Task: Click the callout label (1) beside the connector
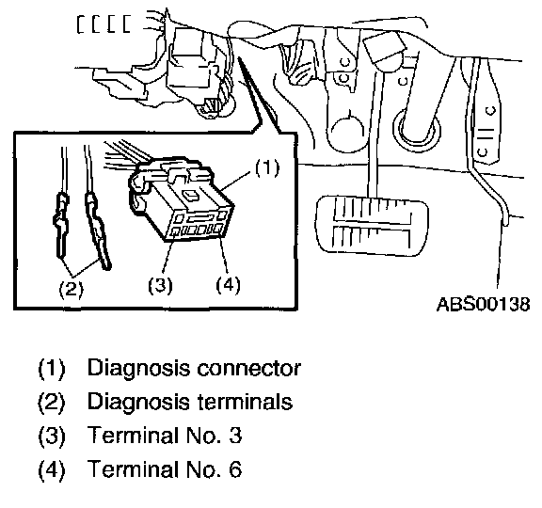click(267, 168)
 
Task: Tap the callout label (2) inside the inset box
click(71, 289)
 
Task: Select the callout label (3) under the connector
click(160, 285)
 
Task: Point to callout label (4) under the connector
click(228, 285)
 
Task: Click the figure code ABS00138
click(484, 305)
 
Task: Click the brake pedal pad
click(372, 226)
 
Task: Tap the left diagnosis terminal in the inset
click(61, 226)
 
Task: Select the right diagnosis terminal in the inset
click(98, 230)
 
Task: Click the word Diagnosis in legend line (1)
click(138, 369)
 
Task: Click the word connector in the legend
click(248, 369)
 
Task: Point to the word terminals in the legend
click(245, 402)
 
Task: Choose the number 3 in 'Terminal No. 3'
click(235, 435)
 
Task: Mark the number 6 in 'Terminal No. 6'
click(235, 468)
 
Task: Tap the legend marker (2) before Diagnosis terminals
click(51, 403)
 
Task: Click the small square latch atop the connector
click(190, 196)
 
